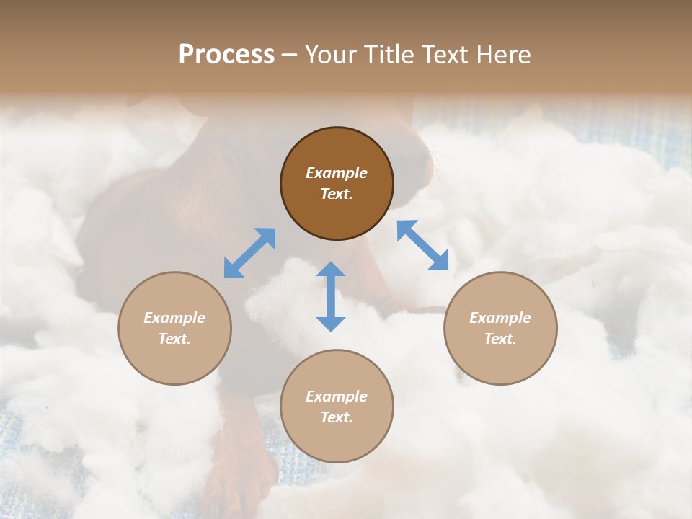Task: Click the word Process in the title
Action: pos(226,55)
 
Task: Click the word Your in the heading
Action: pos(333,55)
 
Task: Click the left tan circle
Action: pos(174,360)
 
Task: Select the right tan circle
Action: pos(500,360)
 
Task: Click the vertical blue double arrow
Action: pos(331,296)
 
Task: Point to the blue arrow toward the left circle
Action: pos(249,253)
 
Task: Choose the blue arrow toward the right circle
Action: pos(422,245)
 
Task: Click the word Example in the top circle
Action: pos(337,173)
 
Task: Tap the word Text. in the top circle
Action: pos(337,194)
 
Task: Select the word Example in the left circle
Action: pos(174,318)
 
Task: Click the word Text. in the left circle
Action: pos(174,339)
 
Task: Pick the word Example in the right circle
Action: pos(500,318)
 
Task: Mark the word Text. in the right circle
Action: pos(500,339)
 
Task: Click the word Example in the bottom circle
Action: pos(337,396)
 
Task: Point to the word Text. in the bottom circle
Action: pos(337,417)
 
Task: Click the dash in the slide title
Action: pos(289,56)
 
